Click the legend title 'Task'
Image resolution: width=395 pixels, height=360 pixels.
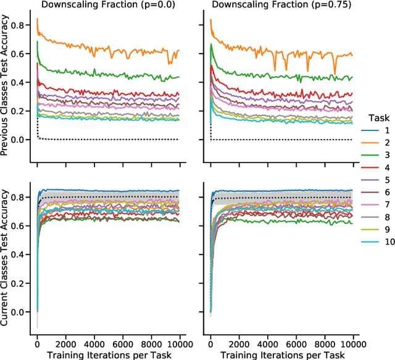click(376, 117)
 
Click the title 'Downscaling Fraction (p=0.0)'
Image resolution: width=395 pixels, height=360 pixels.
click(108, 6)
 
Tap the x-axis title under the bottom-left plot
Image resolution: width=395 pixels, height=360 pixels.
click(108, 354)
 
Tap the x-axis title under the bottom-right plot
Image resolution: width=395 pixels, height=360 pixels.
click(282, 354)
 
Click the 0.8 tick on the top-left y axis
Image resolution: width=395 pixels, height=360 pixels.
click(22, 25)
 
